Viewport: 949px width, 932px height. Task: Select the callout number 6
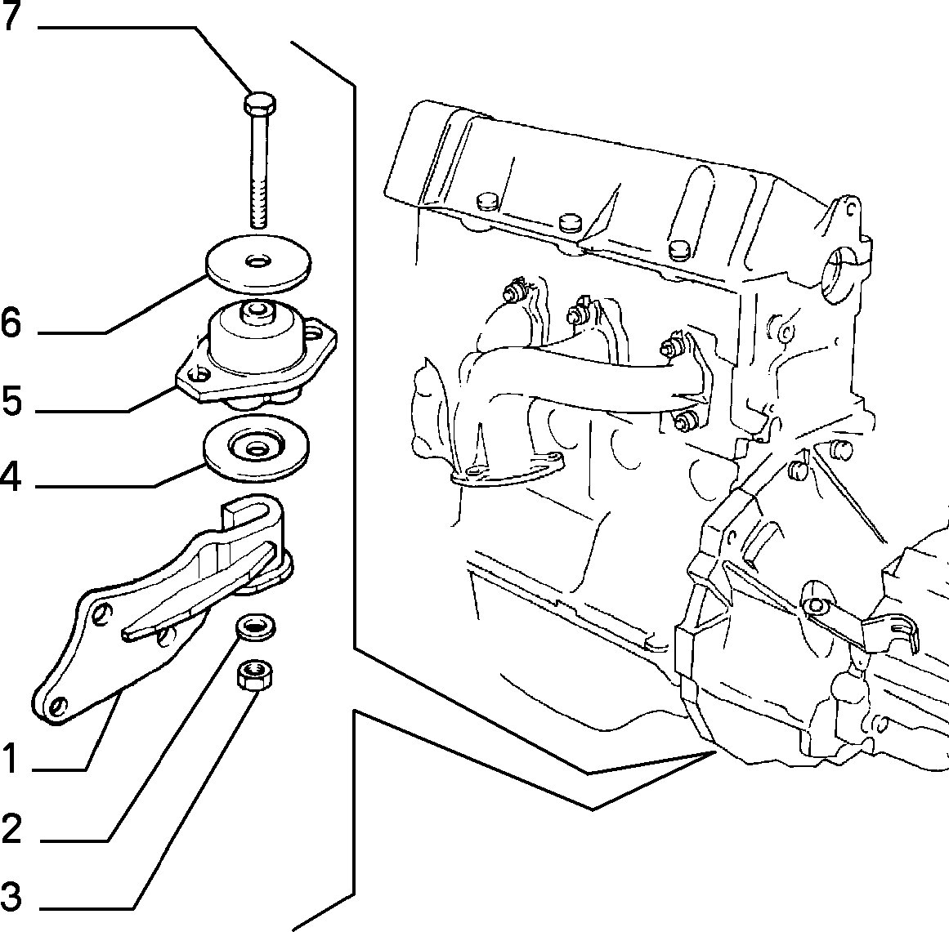pos(11,323)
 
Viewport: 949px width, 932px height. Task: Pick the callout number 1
pos(10,758)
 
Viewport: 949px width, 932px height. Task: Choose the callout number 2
pos(11,828)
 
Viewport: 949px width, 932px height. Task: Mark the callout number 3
pos(11,897)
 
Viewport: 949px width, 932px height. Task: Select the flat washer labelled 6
pos(257,263)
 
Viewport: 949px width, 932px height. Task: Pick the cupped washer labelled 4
pos(256,448)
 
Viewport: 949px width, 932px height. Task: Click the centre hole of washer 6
pos(257,261)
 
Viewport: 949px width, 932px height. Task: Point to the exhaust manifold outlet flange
pos(507,470)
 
